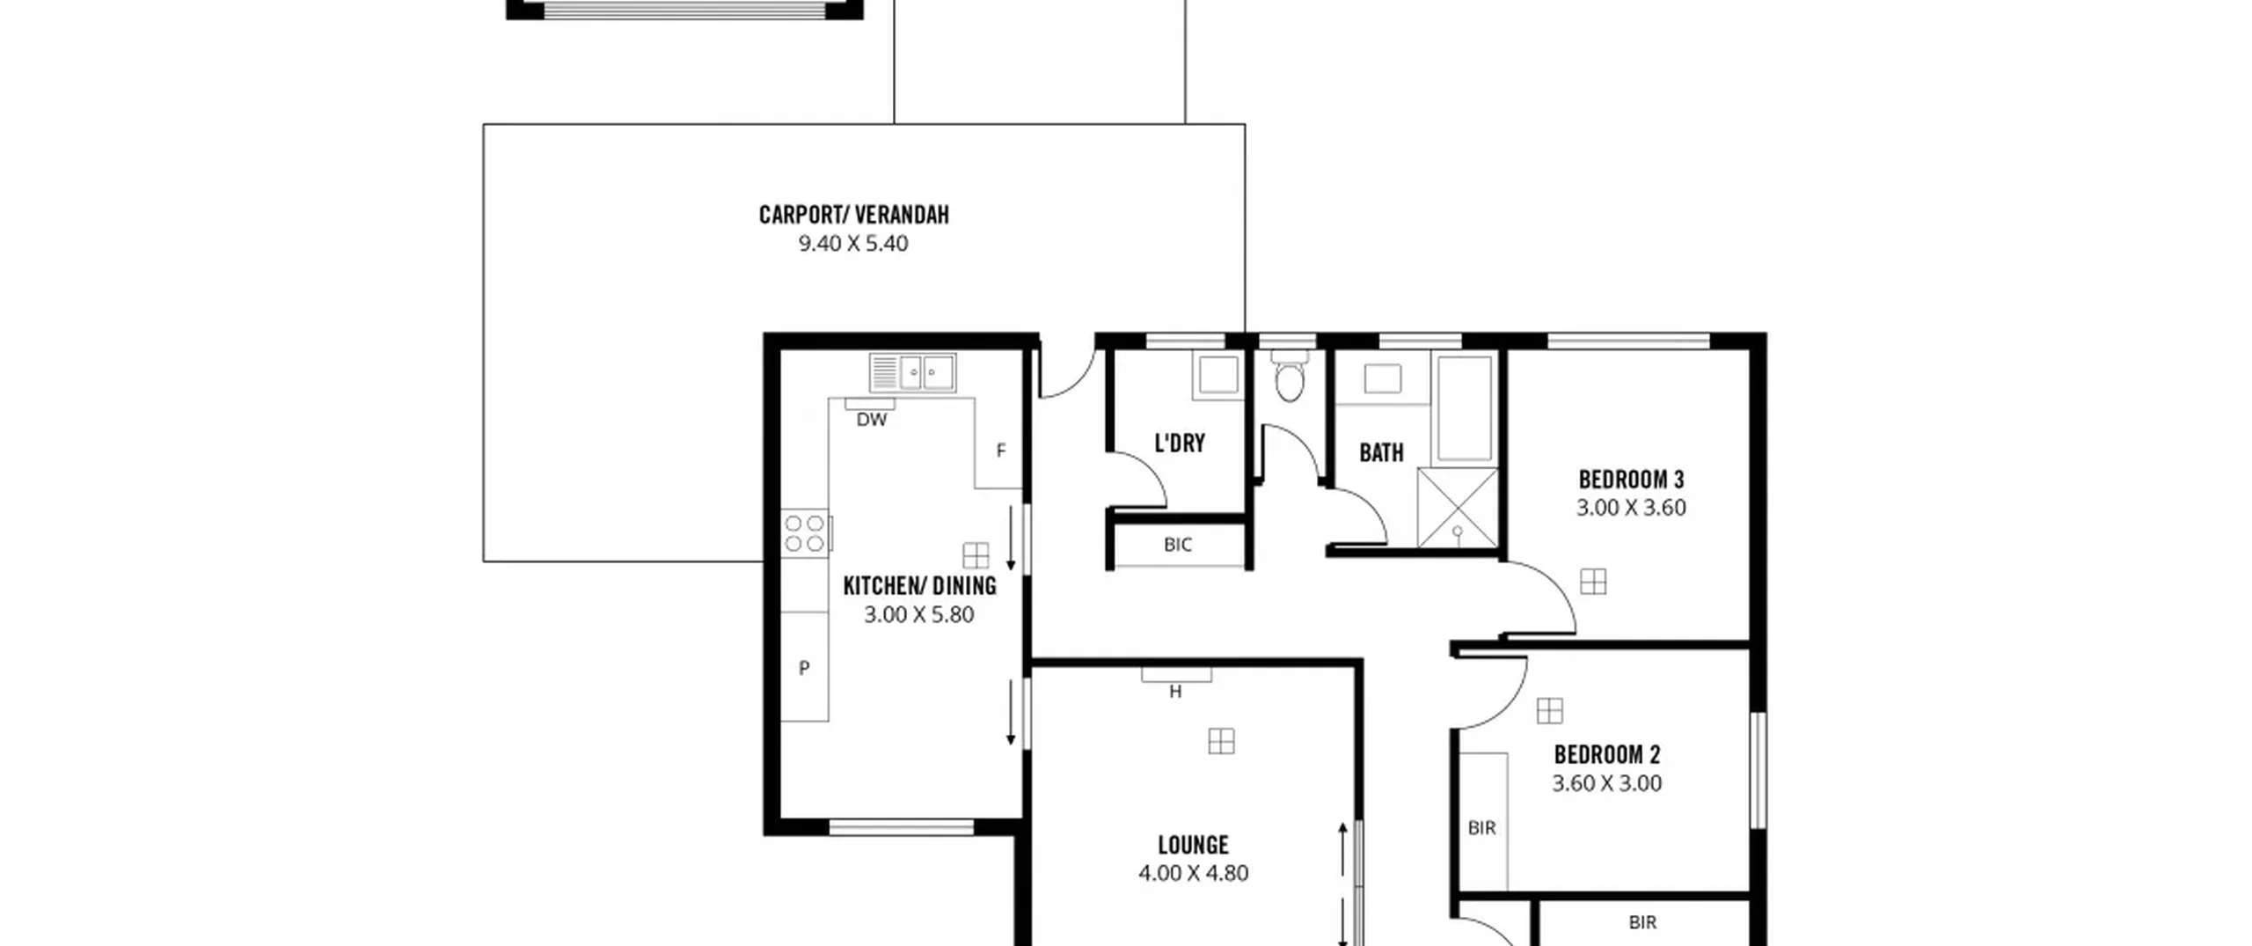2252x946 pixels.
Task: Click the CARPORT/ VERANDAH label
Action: (853, 215)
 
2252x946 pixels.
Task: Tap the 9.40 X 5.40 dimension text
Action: (852, 244)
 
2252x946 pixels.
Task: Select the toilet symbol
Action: (1289, 376)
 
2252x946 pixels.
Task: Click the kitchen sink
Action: (912, 372)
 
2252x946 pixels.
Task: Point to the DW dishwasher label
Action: (872, 420)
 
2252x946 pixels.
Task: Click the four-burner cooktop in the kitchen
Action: (805, 533)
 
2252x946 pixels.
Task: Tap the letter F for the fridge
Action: (1000, 451)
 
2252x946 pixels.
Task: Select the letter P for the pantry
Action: (804, 668)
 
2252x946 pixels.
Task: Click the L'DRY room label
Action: (1179, 443)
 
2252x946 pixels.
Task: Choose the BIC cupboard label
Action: (1178, 545)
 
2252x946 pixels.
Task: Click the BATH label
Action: (1381, 452)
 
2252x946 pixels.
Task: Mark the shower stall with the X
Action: (1458, 508)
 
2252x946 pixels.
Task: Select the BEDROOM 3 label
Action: (1631, 480)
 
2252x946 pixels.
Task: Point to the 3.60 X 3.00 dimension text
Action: (1606, 783)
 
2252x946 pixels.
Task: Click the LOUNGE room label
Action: (1193, 845)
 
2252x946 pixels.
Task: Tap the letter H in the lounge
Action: (1175, 692)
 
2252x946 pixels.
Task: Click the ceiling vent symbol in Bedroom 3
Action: (1593, 582)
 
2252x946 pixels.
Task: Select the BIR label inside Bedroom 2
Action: (1481, 828)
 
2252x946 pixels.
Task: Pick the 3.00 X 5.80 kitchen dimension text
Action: (918, 614)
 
